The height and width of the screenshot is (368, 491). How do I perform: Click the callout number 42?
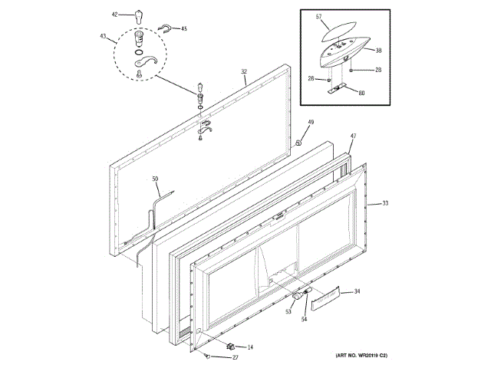(x=115, y=14)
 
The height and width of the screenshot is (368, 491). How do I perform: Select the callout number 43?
(x=103, y=35)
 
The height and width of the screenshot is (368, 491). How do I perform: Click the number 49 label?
(x=311, y=123)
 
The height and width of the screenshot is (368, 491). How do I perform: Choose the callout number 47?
(x=353, y=136)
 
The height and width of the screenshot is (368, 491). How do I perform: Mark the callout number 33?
(x=385, y=203)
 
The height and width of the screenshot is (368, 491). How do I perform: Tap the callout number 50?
(x=155, y=179)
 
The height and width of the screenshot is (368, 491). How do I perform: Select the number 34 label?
(x=356, y=291)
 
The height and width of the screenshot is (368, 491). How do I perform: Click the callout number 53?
(x=288, y=311)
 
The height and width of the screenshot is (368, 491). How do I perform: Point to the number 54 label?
(x=304, y=318)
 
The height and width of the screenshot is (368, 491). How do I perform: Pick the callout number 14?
(x=249, y=347)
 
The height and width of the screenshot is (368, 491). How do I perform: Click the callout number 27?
(x=236, y=358)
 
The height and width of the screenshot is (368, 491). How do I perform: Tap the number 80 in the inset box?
(x=361, y=94)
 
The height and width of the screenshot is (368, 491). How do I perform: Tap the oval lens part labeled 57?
(x=340, y=29)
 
